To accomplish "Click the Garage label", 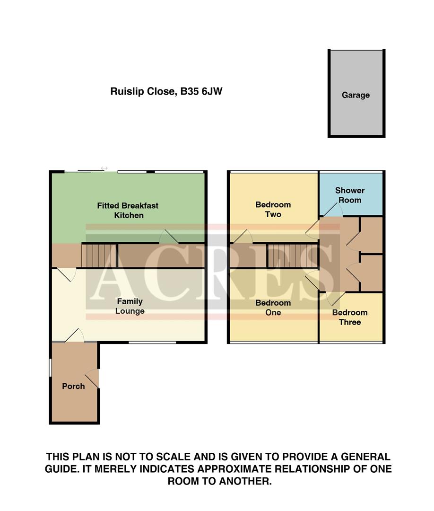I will pyautogui.click(x=356, y=95).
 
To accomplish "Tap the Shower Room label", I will pyautogui.click(x=350, y=195).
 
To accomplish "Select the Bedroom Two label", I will pyautogui.click(x=273, y=210).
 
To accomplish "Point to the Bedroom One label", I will pyautogui.click(x=273, y=308).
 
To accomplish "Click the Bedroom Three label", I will pyautogui.click(x=349, y=317).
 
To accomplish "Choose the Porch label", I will pyautogui.click(x=73, y=386).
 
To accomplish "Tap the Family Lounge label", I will pyautogui.click(x=130, y=306).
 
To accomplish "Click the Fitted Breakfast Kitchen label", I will pyautogui.click(x=128, y=211).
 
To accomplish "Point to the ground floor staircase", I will pyautogui.click(x=99, y=255).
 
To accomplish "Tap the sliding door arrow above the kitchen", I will pyautogui.click(x=104, y=168).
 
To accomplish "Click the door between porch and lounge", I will pyautogui.click(x=75, y=336).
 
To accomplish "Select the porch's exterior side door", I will pyautogui.click(x=95, y=379).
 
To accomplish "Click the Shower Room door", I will pyautogui.click(x=333, y=211).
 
